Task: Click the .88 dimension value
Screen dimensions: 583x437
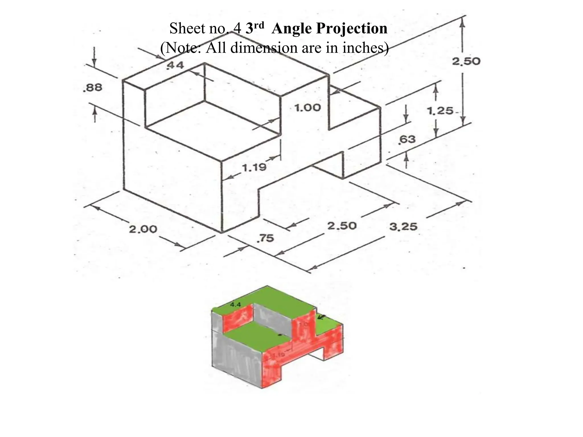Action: click(92, 87)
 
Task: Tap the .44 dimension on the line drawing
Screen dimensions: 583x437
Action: click(175, 66)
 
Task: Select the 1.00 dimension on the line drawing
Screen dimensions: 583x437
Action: click(307, 108)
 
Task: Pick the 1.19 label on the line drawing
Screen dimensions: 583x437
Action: click(254, 167)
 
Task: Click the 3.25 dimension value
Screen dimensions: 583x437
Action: click(403, 227)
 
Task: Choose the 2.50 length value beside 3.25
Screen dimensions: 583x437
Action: click(342, 226)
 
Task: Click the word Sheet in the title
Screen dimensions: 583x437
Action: click(186, 28)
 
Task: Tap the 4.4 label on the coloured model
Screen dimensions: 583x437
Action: click(235, 305)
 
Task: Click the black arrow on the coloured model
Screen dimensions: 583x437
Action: click(322, 317)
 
